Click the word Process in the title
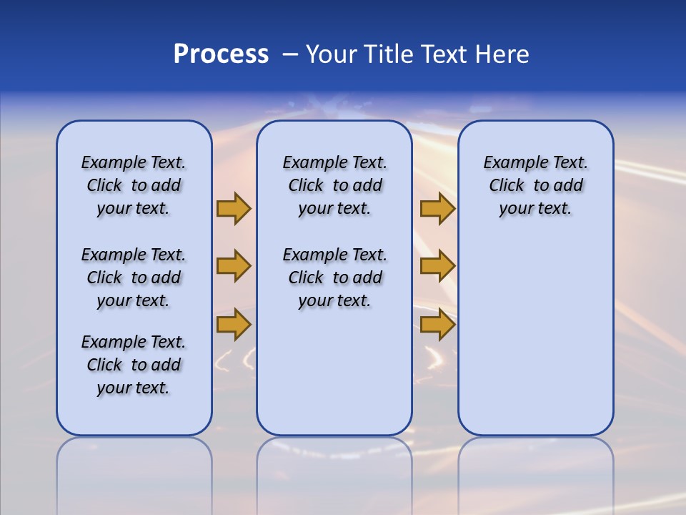click(x=221, y=54)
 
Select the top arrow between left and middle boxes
click(x=233, y=208)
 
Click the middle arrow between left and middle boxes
click(x=233, y=266)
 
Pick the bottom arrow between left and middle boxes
click(x=233, y=325)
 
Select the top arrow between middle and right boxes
click(x=437, y=208)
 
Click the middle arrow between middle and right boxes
click(x=437, y=266)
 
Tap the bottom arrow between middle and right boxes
click(x=437, y=325)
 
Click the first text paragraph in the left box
click(x=134, y=185)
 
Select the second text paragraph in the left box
click(x=134, y=278)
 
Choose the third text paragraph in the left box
click(x=134, y=365)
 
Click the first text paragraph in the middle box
click(x=334, y=185)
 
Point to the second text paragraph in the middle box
click(x=334, y=278)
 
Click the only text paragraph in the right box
click(x=535, y=185)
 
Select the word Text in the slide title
click(x=443, y=54)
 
